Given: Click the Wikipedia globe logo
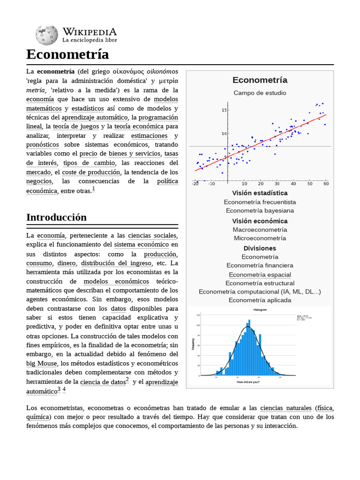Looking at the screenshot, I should pos(46,35).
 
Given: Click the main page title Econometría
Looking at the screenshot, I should pos(67,54).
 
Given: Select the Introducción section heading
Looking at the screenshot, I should pos(57,217).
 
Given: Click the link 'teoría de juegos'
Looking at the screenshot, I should pos(76,127).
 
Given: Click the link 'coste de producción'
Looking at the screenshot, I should pos(91,172).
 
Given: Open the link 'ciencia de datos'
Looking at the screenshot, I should pos(103,382).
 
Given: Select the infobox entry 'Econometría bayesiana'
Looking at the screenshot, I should pos(260,210).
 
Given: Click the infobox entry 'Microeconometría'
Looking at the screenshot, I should pos(260,238).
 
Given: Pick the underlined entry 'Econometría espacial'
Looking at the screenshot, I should pos(260,275).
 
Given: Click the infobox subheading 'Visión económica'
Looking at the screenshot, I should pos(260,221).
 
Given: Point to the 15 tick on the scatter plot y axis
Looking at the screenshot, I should pos(224,110).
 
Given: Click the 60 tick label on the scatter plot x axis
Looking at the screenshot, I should pos(326,184).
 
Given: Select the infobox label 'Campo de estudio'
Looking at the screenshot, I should pos(260,93).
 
